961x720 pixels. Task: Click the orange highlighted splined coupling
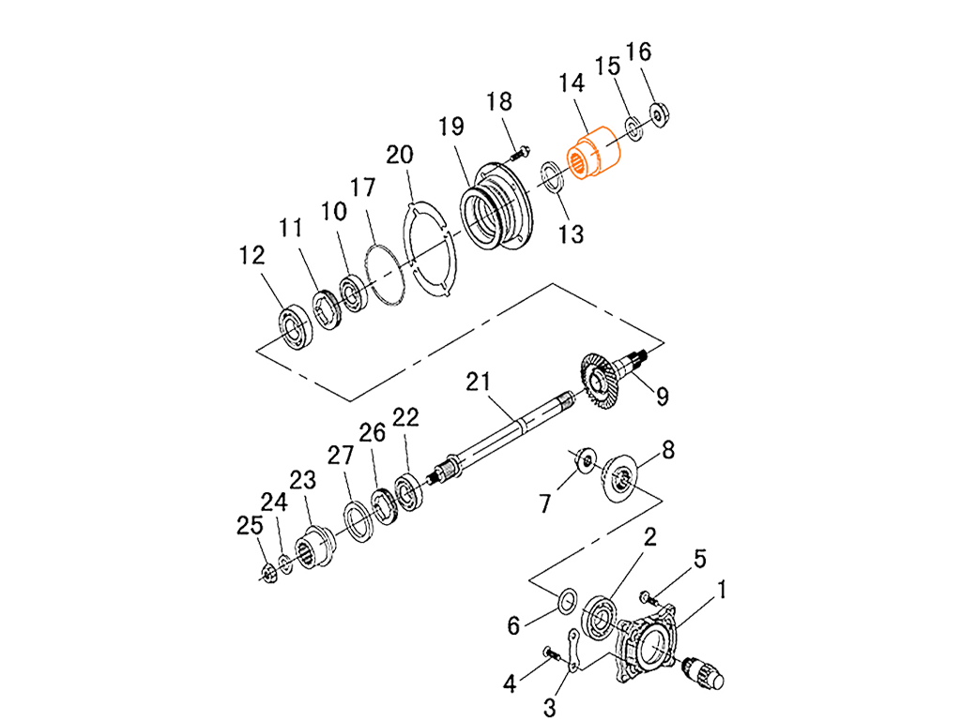[x=593, y=152]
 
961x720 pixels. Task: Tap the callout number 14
[x=572, y=83]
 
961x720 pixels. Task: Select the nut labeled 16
[x=660, y=113]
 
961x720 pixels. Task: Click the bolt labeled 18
[x=519, y=153]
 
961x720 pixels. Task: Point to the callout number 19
[x=451, y=127]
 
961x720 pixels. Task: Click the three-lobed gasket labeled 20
[x=430, y=252]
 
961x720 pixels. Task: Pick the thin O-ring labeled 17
[x=384, y=275]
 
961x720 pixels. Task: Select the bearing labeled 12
[x=296, y=326]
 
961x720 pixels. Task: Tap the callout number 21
[x=478, y=382]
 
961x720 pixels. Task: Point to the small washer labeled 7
[x=587, y=458]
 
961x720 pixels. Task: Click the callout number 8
[x=668, y=450]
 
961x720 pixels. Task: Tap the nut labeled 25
[x=267, y=573]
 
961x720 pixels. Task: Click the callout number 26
[x=372, y=433]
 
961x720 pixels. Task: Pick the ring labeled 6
[x=567, y=601]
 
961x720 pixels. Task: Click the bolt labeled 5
[x=648, y=597]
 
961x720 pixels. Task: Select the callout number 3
[x=550, y=708]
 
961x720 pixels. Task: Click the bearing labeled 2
[x=599, y=617]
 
